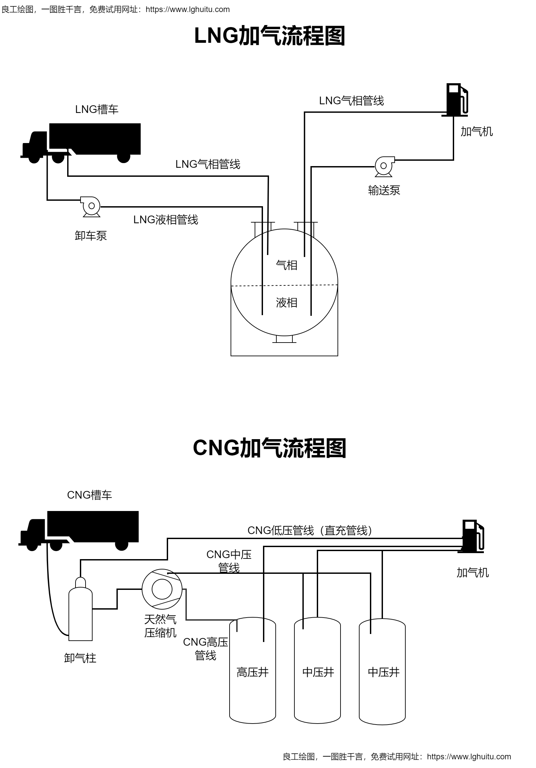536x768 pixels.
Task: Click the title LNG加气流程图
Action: [269, 36]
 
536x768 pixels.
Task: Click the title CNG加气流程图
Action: [269, 448]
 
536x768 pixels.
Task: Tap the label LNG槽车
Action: [97, 109]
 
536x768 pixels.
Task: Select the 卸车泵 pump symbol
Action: [91, 207]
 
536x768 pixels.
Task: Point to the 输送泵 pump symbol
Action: [384, 166]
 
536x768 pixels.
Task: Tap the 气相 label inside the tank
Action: [287, 265]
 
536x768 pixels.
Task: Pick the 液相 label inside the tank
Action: [287, 303]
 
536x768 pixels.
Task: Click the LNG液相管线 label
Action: [165, 220]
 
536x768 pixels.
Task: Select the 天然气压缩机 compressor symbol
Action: [162, 589]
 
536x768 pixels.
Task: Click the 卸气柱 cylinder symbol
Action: [80, 611]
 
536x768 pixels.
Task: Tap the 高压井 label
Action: [252, 672]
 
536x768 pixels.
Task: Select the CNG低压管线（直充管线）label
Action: [310, 530]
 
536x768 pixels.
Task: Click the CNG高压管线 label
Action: [205, 649]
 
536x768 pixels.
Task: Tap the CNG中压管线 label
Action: [229, 561]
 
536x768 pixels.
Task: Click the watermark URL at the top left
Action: [187, 9]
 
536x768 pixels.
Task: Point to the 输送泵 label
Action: [384, 190]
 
